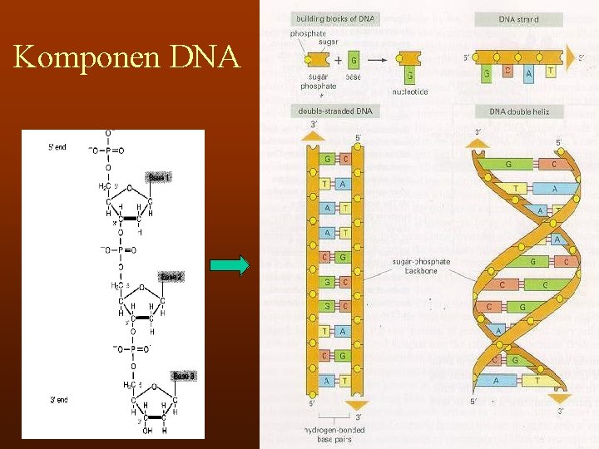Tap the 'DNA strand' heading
[518, 18]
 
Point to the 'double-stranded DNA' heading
[335, 111]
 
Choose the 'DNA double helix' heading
[519, 111]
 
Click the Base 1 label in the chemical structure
[159, 177]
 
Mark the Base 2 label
[171, 276]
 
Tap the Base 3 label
[184, 377]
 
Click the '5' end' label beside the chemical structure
[57, 147]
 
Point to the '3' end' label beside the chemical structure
[57, 400]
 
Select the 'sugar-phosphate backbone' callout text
[421, 266]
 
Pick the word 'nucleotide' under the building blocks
[410, 91]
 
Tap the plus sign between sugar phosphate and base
[338, 61]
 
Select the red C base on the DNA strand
[507, 71]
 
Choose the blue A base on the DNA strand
[529, 73]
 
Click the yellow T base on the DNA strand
[550, 71]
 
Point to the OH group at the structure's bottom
[148, 431]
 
